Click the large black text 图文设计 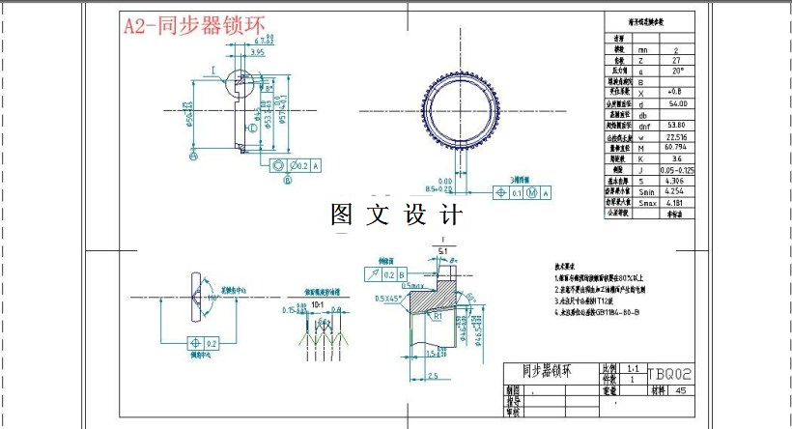[x=396, y=214]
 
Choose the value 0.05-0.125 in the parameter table [x=679, y=170]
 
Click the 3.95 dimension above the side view [x=256, y=53]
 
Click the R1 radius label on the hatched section [x=438, y=316]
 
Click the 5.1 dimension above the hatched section [x=443, y=252]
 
